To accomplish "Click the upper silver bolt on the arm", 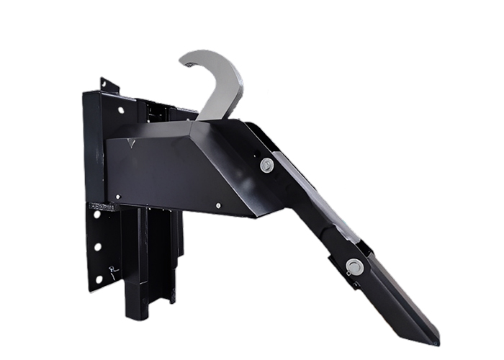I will tap(267, 166).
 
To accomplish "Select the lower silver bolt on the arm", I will tap(354, 266).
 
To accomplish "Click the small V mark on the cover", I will tap(130, 143).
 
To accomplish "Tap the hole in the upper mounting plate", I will tap(120, 110).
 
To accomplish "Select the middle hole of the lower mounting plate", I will tap(97, 246).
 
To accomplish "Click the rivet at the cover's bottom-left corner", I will tap(111, 196).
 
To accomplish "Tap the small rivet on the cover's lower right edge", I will tap(218, 206).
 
